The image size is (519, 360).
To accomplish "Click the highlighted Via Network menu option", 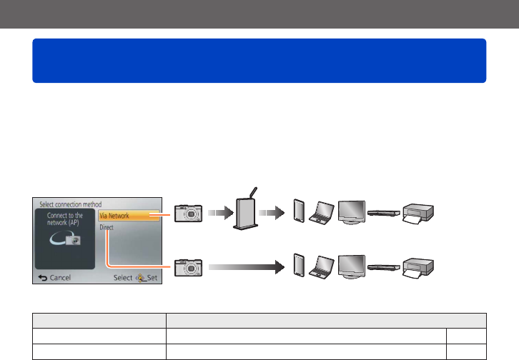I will point(128,214).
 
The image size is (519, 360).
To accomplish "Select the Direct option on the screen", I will point(107,227).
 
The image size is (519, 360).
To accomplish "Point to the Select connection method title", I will point(70,204).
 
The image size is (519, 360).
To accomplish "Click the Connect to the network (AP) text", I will point(65,219).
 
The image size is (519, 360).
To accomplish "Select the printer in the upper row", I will point(420,215).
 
